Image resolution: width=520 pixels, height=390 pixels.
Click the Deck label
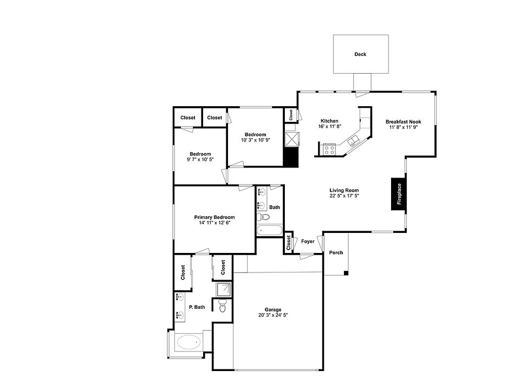[x=360, y=54]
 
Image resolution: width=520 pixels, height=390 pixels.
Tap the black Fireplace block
[x=398, y=193]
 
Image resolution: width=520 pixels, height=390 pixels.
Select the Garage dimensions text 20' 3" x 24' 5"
[x=272, y=315]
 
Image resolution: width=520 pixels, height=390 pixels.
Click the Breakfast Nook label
[x=403, y=122]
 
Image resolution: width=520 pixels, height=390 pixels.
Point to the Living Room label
[x=344, y=190]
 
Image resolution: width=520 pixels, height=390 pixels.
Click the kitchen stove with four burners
[x=329, y=149]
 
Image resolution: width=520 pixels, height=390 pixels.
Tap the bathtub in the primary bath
[x=188, y=342]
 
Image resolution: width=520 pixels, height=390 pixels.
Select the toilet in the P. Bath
[x=222, y=307]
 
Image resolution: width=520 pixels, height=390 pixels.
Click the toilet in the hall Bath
[x=264, y=217]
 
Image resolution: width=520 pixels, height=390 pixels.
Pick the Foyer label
[x=308, y=242]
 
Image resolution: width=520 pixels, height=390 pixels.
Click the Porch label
[x=336, y=253]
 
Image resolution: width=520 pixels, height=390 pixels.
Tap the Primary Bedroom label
[x=214, y=217]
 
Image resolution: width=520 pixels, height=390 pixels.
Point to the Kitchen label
[x=329, y=121]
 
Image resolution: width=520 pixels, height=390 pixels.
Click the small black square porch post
[x=346, y=273]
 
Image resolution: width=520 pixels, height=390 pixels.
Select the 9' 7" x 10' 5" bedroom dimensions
[x=200, y=160]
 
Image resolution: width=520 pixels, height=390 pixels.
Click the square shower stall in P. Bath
[x=223, y=290]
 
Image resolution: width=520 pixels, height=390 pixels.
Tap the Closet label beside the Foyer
[x=289, y=243]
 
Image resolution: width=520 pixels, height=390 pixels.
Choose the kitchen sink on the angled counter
[x=353, y=142]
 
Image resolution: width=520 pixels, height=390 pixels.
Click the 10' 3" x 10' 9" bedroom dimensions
[x=255, y=140]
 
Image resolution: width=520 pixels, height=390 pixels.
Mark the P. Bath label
[x=197, y=307]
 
